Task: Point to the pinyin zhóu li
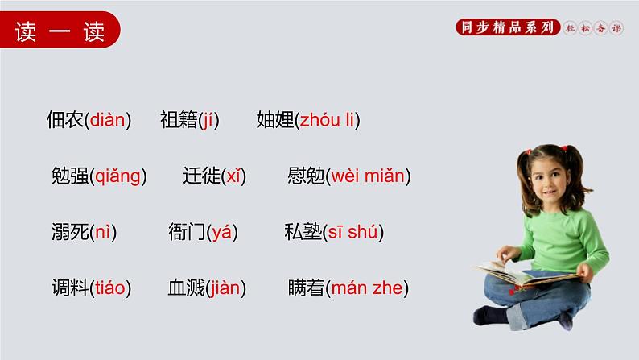pos(328,121)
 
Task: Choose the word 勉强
pos(68,176)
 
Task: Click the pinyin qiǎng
pos(117,177)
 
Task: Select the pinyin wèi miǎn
pos(369,176)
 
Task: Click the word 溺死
pos(68,233)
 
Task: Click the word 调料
pos(68,288)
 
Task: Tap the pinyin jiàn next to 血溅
pos(226,288)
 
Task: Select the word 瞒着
pos(305,288)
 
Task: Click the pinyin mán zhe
pos(369,288)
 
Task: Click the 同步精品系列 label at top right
pos(506,27)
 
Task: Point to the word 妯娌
pos(274,121)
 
